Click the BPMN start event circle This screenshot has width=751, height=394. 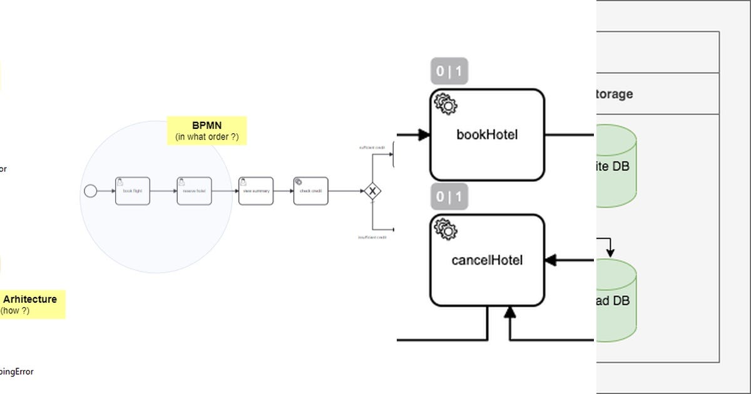[91, 191]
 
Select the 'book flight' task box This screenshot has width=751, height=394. [133, 191]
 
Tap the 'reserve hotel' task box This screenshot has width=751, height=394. [194, 191]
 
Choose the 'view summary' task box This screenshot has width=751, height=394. [256, 191]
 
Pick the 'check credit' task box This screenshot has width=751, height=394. [310, 191]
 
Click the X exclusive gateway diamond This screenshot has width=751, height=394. [373, 191]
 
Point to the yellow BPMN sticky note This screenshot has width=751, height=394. [207, 131]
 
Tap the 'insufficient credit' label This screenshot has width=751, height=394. [372, 238]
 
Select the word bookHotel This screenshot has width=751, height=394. [487, 134]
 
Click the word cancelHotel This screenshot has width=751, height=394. [487, 260]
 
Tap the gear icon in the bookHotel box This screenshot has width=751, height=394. [446, 104]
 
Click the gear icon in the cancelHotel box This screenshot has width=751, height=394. [446, 230]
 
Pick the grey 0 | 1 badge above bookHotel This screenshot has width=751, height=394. [449, 71]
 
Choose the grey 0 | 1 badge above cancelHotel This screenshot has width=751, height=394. [449, 197]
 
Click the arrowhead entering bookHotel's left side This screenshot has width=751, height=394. [424, 134]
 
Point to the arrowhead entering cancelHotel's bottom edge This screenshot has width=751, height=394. [510, 312]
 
